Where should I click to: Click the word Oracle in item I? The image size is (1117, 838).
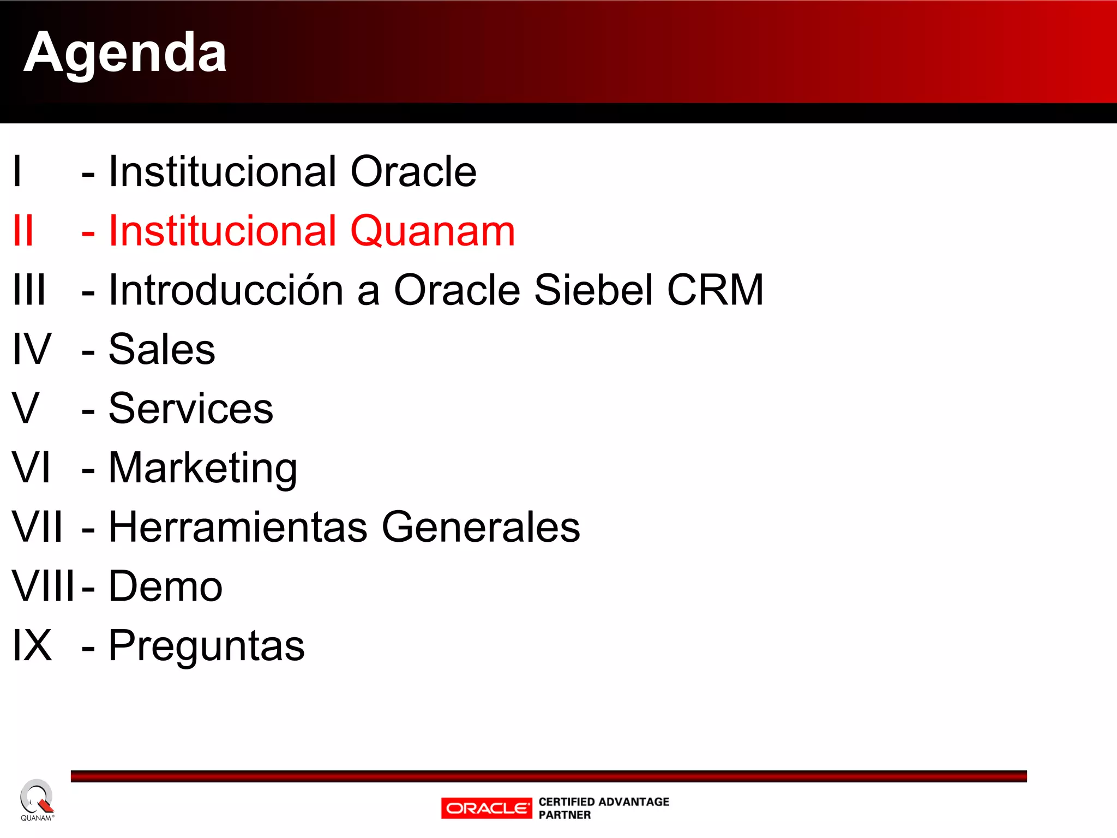(413, 171)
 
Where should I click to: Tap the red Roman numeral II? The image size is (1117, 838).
(23, 231)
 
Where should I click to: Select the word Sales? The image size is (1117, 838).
(162, 349)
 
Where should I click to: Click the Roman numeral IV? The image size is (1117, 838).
(32, 349)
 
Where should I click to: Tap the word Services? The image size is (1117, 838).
(191, 409)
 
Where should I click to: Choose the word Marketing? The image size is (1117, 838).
(203, 468)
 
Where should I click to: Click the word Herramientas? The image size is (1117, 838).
(238, 527)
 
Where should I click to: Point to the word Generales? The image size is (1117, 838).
(481, 527)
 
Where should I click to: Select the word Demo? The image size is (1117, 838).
(166, 586)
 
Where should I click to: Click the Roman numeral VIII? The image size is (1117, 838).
(43, 586)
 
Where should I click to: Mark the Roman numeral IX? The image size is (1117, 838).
(32, 646)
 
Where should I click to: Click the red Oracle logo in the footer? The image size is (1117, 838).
(487, 808)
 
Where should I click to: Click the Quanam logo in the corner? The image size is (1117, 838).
(37, 799)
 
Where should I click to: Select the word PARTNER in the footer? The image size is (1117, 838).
(564, 815)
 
